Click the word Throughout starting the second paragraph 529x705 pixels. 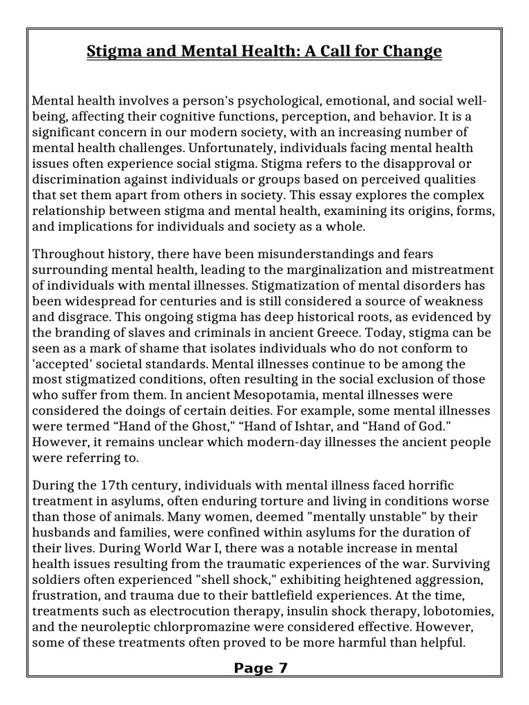(68, 255)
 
